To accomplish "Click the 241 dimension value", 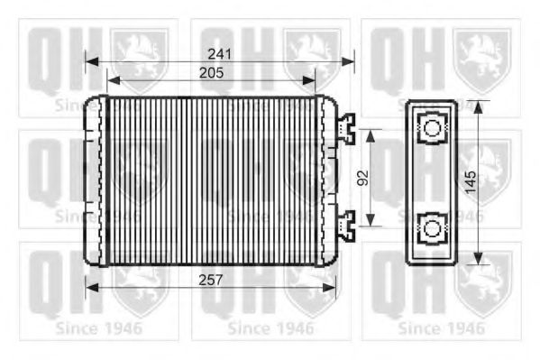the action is coord(219,54).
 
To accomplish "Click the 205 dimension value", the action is coord(212,73).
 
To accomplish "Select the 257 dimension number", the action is coord(211,280).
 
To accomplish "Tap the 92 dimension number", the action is coord(362,178).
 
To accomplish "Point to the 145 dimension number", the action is coord(471,182).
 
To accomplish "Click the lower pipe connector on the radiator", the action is coord(346,226).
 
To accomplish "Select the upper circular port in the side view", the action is coord(432,128).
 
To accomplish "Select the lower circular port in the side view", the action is coord(432,229).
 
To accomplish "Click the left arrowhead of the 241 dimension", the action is coord(92,62).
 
